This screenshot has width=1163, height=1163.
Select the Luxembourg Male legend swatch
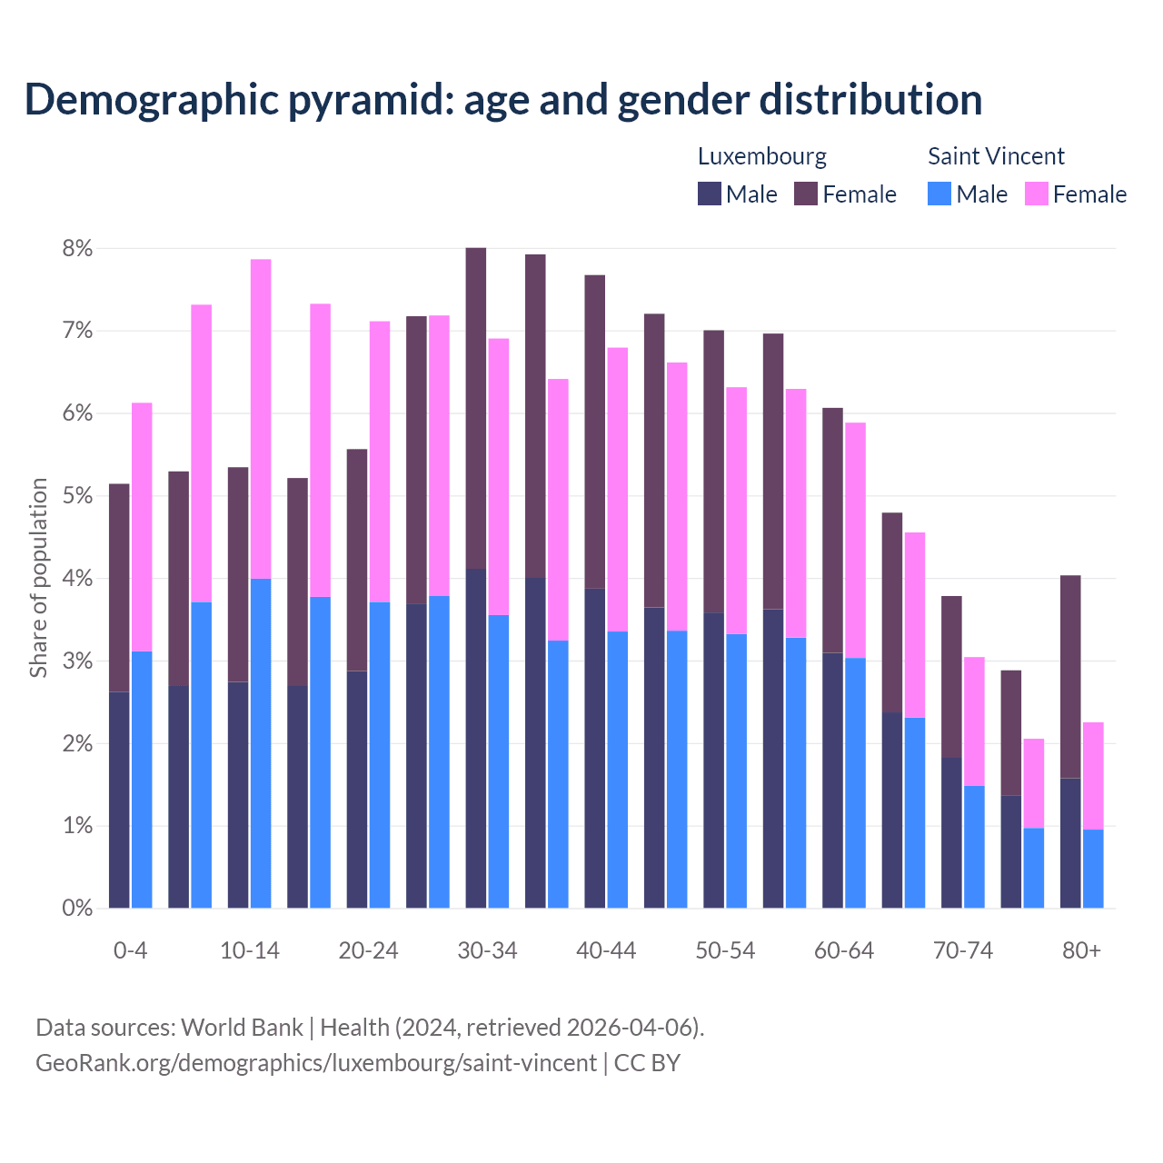pyautogui.click(x=710, y=194)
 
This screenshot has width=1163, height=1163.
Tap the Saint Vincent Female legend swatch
pyautogui.click(x=1036, y=194)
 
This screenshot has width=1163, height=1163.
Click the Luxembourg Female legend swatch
pyautogui.click(x=806, y=194)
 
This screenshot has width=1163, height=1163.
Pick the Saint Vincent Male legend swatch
pyautogui.click(x=939, y=194)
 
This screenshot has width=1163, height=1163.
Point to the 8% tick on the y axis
pyautogui.click(x=77, y=249)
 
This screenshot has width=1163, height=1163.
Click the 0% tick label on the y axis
pyautogui.click(x=77, y=908)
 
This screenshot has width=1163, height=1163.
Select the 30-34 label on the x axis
pyautogui.click(x=487, y=950)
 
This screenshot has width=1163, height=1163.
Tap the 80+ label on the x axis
pyautogui.click(x=1081, y=950)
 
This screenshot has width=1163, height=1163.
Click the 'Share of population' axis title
pyautogui.click(x=39, y=578)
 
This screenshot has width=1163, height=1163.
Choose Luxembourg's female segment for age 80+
pyautogui.click(x=1070, y=676)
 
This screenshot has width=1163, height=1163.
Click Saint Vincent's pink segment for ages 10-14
pyautogui.click(x=261, y=419)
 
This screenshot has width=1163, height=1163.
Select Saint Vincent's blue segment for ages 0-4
pyautogui.click(x=142, y=780)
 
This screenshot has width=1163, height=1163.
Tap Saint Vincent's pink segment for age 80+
pyautogui.click(x=1093, y=775)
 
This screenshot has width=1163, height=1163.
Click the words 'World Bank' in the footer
pyautogui.click(x=242, y=1028)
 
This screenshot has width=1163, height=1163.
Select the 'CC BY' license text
pyautogui.click(x=647, y=1063)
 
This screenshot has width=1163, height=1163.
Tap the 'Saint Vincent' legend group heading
pyautogui.click(x=996, y=156)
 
